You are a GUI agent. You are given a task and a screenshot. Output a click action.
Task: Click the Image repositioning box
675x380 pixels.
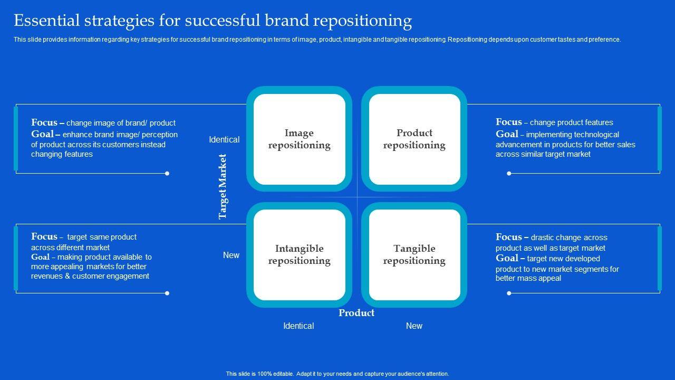[x=299, y=139]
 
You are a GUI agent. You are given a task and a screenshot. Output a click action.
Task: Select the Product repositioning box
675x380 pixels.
[x=414, y=139]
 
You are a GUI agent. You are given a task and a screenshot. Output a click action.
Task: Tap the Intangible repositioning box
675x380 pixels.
[x=299, y=254]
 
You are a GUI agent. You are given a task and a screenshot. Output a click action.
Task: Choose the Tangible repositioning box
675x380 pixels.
[x=414, y=254]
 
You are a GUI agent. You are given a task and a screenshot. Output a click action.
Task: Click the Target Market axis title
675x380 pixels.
[x=223, y=186]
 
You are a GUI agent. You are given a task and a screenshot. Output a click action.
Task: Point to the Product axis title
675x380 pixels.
[x=356, y=313]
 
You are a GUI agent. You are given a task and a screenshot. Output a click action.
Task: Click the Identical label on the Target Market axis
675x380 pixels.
[x=224, y=140]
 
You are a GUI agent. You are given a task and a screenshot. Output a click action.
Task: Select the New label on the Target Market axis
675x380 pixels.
[x=231, y=255]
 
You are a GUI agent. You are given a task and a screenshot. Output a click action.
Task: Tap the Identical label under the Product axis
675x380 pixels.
[x=298, y=326]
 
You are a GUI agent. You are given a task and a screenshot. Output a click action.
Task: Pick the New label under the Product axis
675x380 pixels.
[x=414, y=326]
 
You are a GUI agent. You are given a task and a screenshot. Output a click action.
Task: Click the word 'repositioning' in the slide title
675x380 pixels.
[x=362, y=21]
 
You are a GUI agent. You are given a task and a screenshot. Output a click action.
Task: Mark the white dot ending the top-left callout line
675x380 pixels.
[x=167, y=174]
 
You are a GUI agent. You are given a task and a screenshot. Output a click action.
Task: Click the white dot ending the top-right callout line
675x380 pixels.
[x=509, y=174]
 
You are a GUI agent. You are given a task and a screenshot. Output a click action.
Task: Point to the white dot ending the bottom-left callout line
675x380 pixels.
[x=167, y=293]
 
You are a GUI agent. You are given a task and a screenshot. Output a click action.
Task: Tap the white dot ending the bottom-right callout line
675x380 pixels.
[x=509, y=293]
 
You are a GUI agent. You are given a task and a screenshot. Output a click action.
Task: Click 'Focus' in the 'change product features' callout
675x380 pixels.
[x=508, y=122]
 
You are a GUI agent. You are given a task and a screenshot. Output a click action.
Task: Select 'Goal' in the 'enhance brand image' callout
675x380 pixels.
[x=42, y=134]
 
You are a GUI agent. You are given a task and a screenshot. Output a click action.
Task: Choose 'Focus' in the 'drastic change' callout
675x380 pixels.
[x=508, y=237]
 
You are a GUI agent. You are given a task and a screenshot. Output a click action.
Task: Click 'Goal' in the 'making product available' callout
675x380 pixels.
[x=40, y=257]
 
